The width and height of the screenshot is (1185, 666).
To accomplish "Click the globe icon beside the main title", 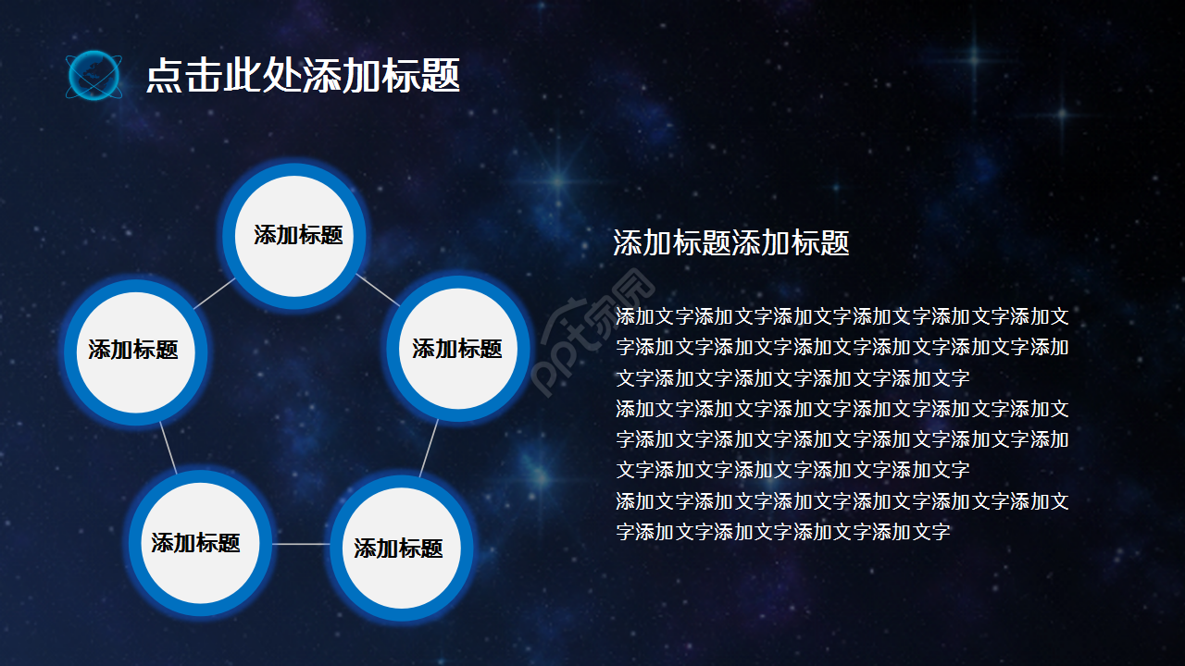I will (x=94, y=76).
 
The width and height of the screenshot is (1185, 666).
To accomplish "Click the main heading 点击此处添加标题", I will (x=303, y=76).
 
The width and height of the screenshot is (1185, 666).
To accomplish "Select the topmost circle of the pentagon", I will (x=295, y=236).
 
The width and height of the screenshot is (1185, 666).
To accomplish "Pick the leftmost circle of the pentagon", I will (x=135, y=351).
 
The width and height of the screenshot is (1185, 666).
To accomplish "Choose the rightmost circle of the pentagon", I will (x=457, y=350).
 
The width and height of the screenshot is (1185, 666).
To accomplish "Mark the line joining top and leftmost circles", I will (x=214, y=294).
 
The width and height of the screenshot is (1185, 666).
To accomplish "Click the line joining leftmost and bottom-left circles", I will (x=168, y=449).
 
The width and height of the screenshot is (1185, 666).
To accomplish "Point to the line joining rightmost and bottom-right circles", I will (x=428, y=450).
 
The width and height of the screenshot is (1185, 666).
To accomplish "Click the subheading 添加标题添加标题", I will (x=731, y=243).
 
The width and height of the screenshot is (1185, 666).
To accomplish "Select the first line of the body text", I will (x=842, y=317).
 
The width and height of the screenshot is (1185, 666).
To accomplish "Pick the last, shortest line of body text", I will (x=783, y=532).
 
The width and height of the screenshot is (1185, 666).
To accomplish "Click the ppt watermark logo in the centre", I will (x=592, y=333).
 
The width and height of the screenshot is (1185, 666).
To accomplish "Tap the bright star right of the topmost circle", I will (x=558, y=178).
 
